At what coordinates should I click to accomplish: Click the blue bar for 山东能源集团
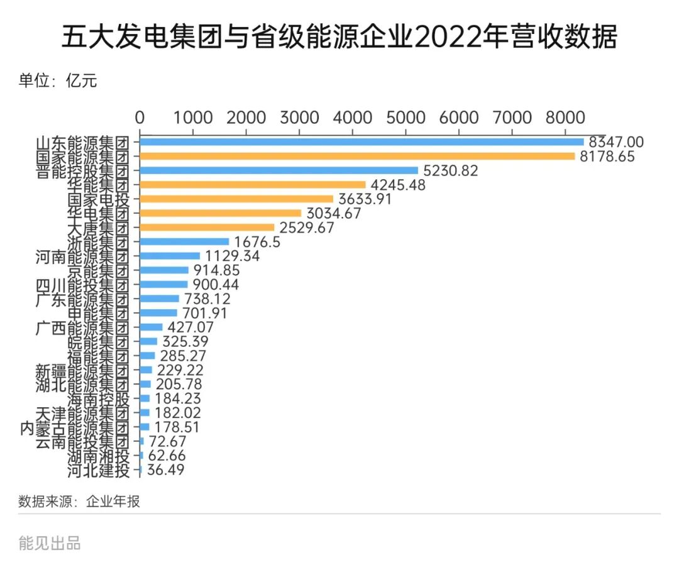pos(362,142)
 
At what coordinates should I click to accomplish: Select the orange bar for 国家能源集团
pos(357,157)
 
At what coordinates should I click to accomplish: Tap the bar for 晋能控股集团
pos(279,170)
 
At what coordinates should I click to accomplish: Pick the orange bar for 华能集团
pos(252,185)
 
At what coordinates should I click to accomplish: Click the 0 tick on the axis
pos(140,118)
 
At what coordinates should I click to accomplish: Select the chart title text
pos(339,38)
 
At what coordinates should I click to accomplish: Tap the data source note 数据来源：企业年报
pos(79,501)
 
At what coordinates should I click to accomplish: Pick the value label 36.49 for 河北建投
pos(165,470)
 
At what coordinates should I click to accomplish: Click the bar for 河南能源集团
pos(170,256)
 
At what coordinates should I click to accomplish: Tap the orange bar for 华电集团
pos(220,213)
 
